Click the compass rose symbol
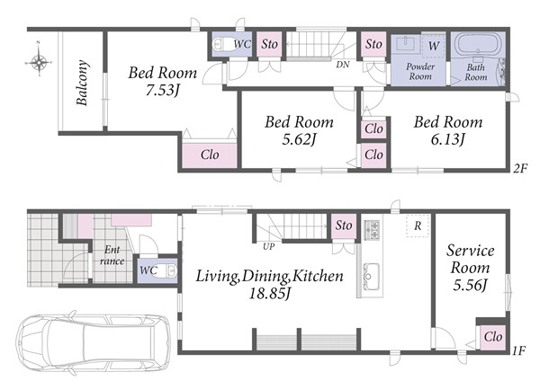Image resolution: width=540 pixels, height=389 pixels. (x=39, y=62)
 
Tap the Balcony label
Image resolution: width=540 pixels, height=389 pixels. (x=82, y=83)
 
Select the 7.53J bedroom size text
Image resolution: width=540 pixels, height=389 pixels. (x=162, y=90)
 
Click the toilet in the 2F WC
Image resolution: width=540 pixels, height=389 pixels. (x=223, y=44)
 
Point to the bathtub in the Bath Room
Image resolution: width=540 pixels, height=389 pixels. (x=478, y=43)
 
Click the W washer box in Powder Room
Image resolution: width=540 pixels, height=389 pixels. (x=433, y=45)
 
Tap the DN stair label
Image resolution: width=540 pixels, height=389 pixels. (x=343, y=65)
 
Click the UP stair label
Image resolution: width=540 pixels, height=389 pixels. (x=268, y=246)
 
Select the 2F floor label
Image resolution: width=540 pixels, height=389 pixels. (x=519, y=168)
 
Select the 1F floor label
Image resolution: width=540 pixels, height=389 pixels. (x=518, y=350)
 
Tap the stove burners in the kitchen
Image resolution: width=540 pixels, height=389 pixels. (x=373, y=229)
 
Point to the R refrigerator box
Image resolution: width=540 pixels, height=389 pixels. (x=418, y=225)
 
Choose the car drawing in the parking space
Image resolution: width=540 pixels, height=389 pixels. (x=93, y=343)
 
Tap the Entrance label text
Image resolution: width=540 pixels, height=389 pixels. (x=112, y=255)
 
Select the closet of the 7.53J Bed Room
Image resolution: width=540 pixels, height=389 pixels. (x=210, y=155)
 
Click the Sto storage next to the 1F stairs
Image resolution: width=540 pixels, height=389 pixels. (x=344, y=225)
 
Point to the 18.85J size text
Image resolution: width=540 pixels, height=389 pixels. (x=270, y=294)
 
